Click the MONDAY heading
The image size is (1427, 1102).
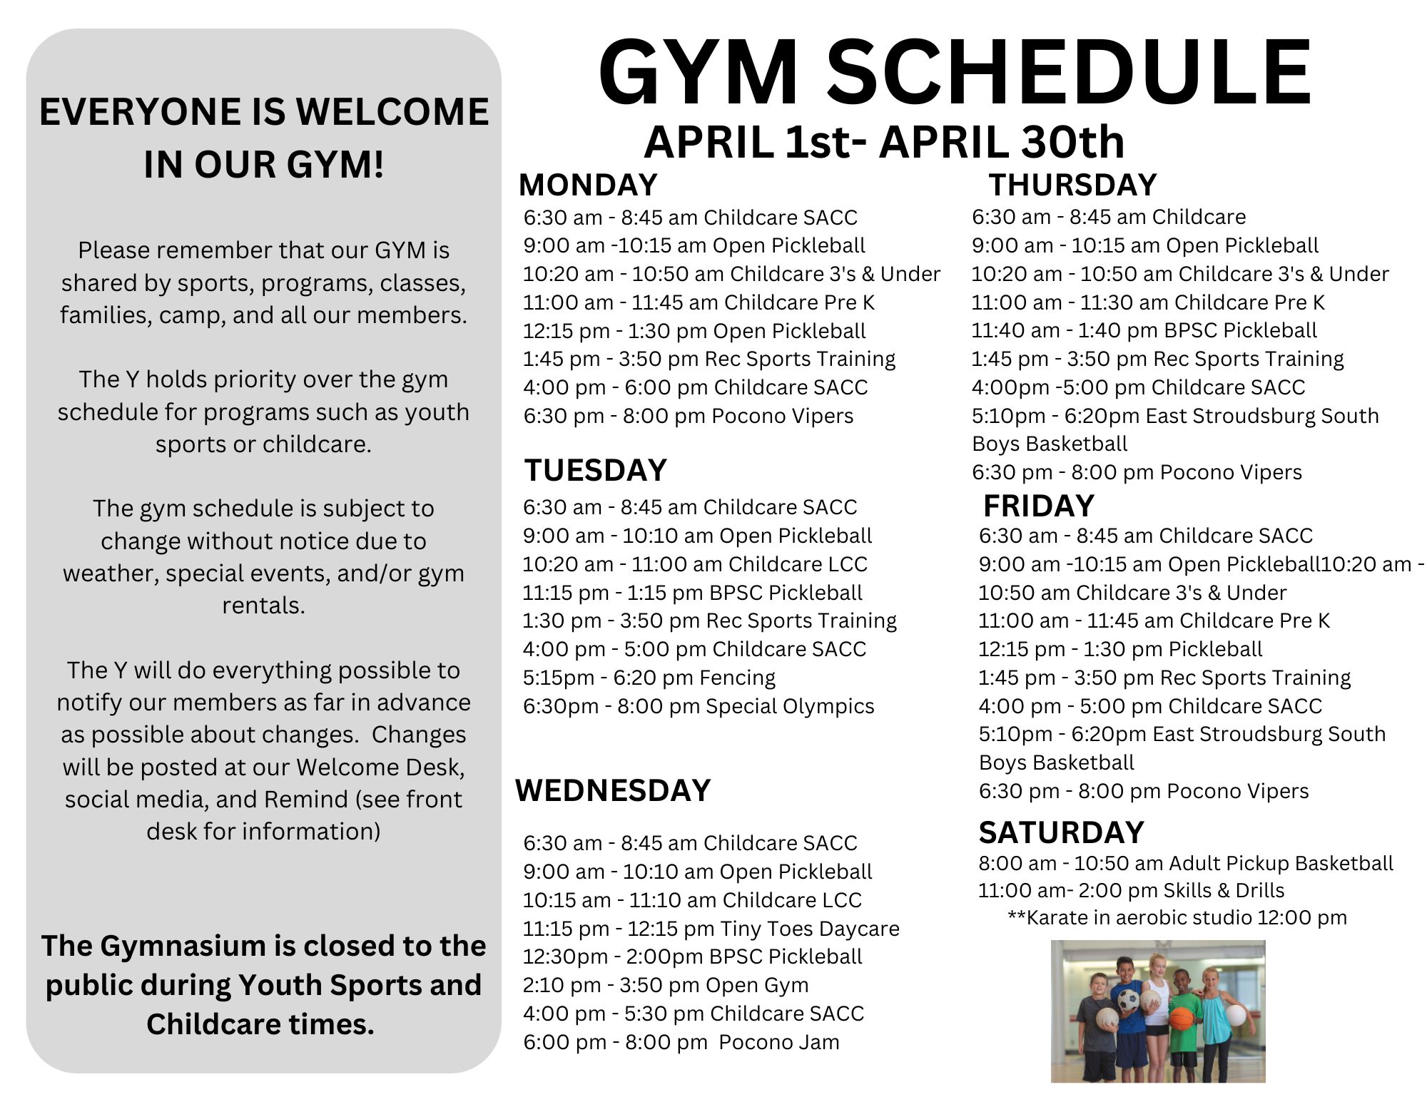(588, 185)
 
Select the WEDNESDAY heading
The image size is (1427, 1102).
(613, 790)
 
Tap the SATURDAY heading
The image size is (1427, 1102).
(1061, 832)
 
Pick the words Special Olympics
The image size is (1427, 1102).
(790, 706)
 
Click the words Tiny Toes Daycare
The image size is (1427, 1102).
(810, 928)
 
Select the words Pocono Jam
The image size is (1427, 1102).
(779, 1042)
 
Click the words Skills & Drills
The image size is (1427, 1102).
(1224, 890)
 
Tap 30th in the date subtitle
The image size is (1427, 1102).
(1073, 141)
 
